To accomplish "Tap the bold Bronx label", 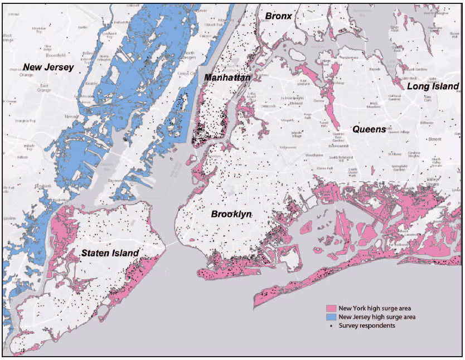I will (278, 16).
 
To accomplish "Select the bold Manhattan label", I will (227, 78).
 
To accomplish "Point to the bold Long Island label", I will (433, 86).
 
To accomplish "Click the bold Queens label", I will (369, 129).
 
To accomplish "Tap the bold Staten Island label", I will (109, 254).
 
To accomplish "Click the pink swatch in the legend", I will (333, 308).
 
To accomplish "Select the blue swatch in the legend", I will (333, 317).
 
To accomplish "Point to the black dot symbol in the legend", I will (333, 325).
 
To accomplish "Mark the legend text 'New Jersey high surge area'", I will (381, 317).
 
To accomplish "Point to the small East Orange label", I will (44, 87).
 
